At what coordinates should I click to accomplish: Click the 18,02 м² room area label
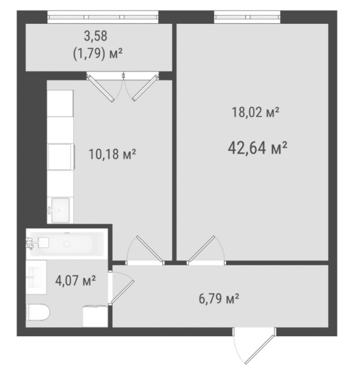click(256, 112)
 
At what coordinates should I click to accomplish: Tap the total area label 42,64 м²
click(258, 148)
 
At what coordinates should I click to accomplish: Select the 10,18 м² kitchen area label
click(112, 154)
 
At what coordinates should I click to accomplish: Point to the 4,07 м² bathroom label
click(76, 280)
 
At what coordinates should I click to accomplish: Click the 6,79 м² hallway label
click(219, 298)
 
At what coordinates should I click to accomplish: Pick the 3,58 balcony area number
click(95, 36)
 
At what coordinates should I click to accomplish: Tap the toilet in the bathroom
click(38, 312)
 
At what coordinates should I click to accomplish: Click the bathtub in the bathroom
click(67, 244)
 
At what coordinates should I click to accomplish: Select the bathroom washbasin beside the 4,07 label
click(36, 277)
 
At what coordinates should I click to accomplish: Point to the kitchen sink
click(61, 210)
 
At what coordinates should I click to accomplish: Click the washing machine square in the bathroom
click(95, 316)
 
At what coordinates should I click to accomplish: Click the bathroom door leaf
click(123, 292)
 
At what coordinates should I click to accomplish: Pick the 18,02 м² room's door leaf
click(202, 248)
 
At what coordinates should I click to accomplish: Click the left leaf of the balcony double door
click(100, 89)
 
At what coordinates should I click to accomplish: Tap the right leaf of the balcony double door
click(145, 88)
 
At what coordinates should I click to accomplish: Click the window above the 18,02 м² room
click(247, 17)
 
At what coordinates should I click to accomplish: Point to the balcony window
click(103, 17)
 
